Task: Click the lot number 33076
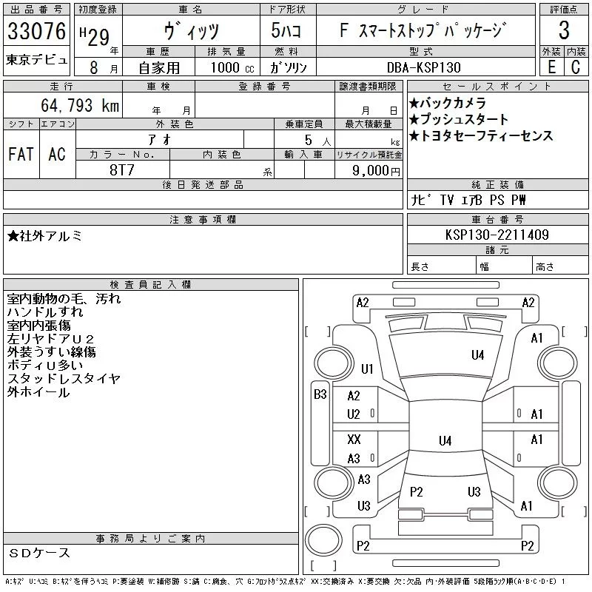(36, 31)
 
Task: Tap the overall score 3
(564, 31)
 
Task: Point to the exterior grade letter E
(551, 67)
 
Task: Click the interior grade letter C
(575, 67)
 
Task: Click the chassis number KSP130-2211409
(497, 235)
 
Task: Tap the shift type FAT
(21, 154)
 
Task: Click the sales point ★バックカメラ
(447, 103)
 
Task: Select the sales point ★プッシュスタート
(458, 119)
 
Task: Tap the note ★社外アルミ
(45, 236)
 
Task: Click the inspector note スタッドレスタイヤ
(64, 379)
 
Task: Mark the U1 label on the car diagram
(368, 369)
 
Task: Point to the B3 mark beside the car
(320, 394)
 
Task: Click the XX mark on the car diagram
(354, 440)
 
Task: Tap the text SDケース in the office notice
(40, 553)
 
